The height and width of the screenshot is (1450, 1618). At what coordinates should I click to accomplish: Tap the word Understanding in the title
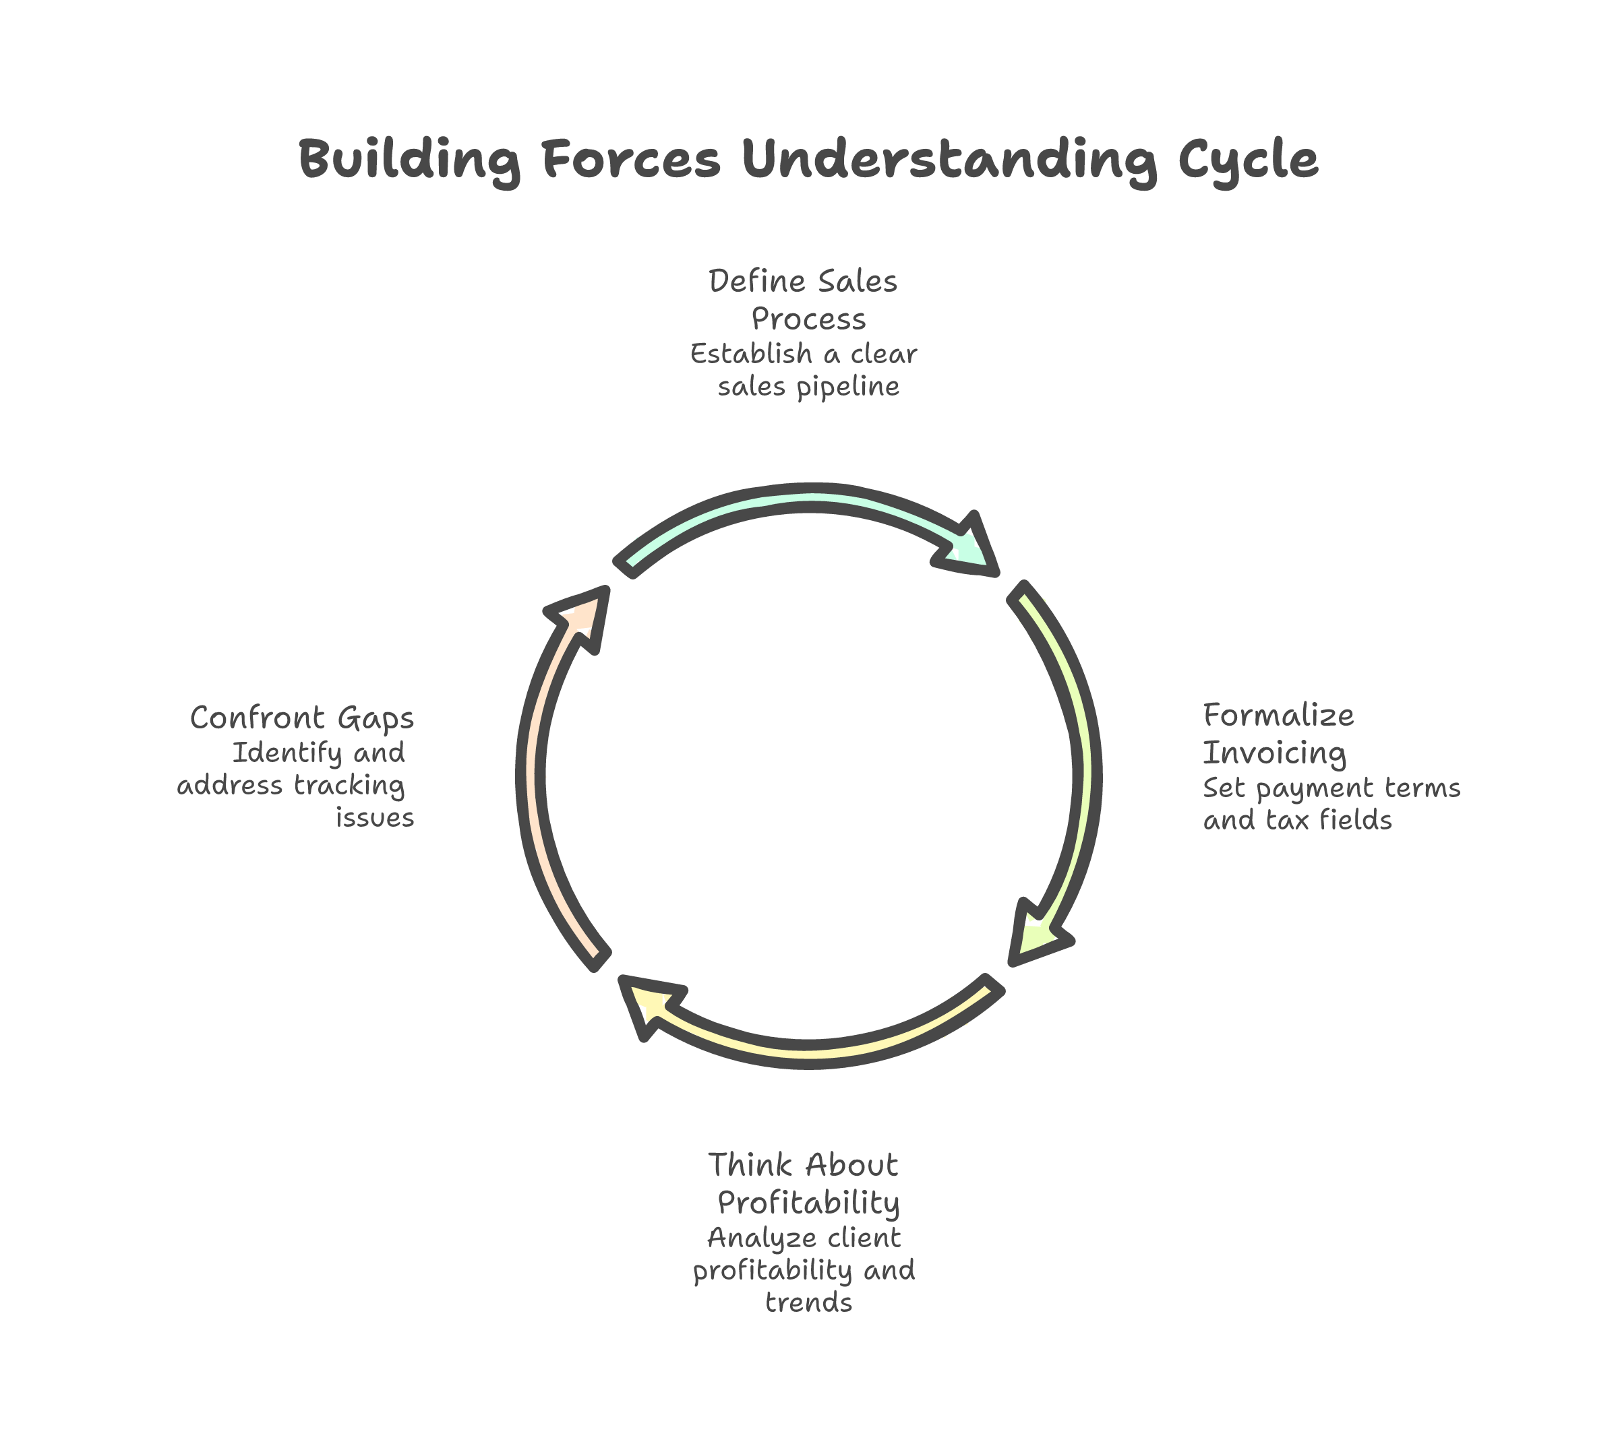(x=949, y=160)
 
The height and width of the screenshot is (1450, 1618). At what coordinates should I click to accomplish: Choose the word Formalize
(x=1278, y=715)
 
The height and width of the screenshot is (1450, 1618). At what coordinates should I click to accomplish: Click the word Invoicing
(x=1274, y=752)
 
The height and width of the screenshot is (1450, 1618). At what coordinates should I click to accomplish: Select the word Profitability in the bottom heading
(x=808, y=1202)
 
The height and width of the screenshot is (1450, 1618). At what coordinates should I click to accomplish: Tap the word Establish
(x=750, y=353)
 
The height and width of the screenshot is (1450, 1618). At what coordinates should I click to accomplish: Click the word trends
(x=808, y=1302)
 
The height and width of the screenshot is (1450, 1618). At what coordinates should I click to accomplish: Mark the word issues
(x=373, y=817)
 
